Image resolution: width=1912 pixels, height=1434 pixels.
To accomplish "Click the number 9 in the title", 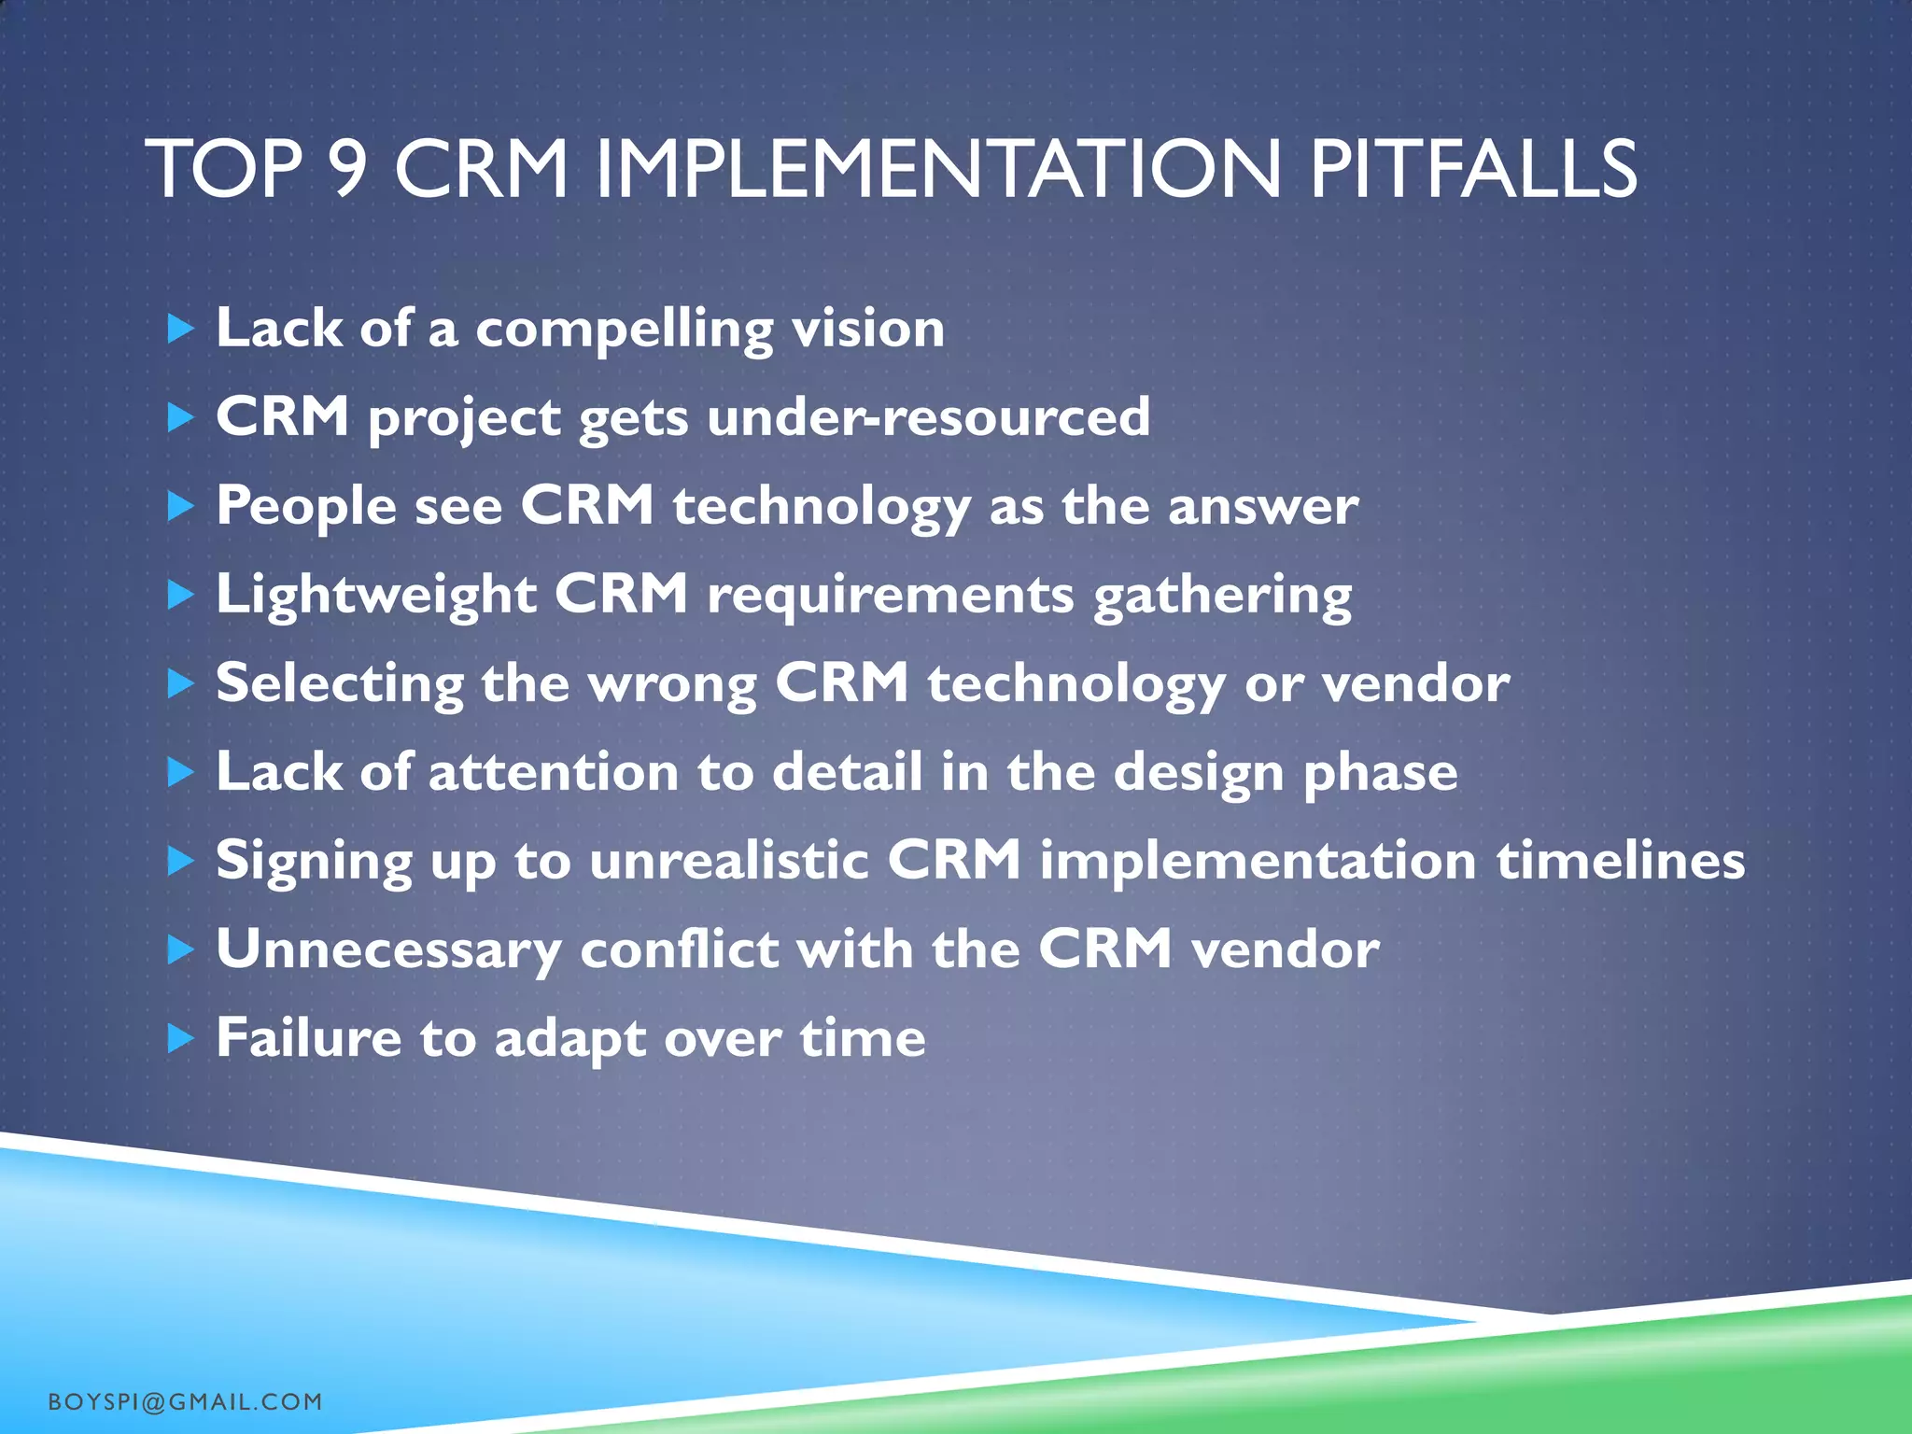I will pos(347,171).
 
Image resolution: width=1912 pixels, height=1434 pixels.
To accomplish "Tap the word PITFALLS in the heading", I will pos(1472,171).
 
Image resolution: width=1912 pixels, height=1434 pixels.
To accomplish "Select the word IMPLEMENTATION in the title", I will pos(937,171).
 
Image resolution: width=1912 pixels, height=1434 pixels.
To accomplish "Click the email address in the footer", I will pos(185,1401).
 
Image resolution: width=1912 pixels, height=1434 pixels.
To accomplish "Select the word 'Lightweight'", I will pos(376,595).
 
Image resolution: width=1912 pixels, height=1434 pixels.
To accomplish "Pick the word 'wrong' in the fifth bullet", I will pos(671,684).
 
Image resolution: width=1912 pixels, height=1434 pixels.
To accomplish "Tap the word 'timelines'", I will pos(1621,860).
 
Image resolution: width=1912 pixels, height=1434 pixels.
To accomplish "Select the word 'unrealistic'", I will pos(729,860).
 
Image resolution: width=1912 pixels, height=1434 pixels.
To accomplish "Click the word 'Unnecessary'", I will pos(388,950).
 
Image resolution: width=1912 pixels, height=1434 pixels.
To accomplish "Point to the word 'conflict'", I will pos(680,949).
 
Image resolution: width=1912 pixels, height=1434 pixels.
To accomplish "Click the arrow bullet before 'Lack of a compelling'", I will pos(180,329).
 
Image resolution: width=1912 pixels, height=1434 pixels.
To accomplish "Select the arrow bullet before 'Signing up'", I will pos(180,861).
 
